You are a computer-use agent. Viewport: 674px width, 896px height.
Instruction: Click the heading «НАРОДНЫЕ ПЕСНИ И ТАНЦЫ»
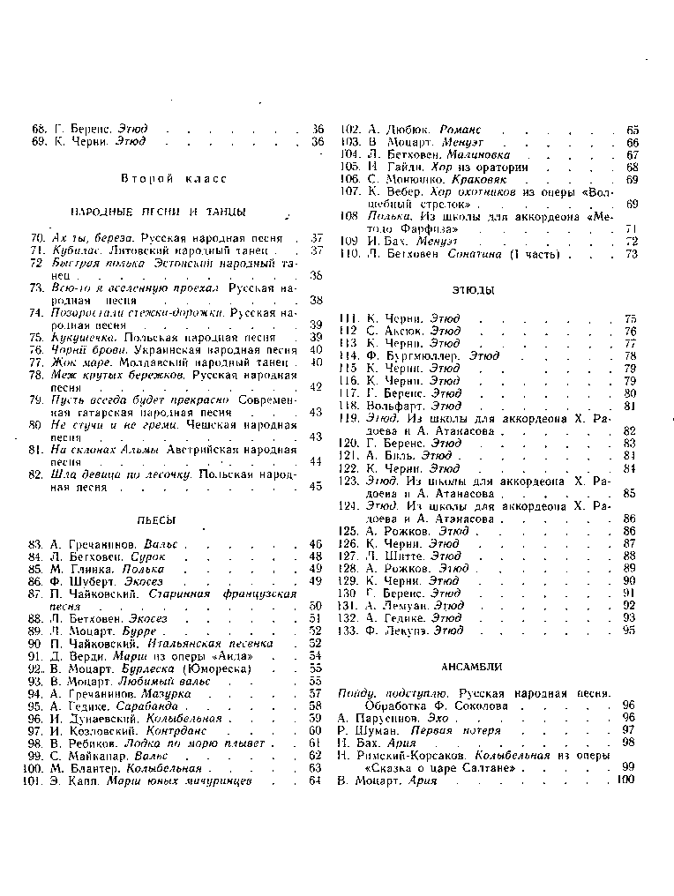coord(158,213)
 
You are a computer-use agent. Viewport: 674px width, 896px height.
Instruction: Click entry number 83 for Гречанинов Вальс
coord(36,544)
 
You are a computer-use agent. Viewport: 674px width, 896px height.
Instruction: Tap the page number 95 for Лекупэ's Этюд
coord(630,631)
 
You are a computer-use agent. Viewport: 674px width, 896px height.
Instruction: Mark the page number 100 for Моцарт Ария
coord(626,780)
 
